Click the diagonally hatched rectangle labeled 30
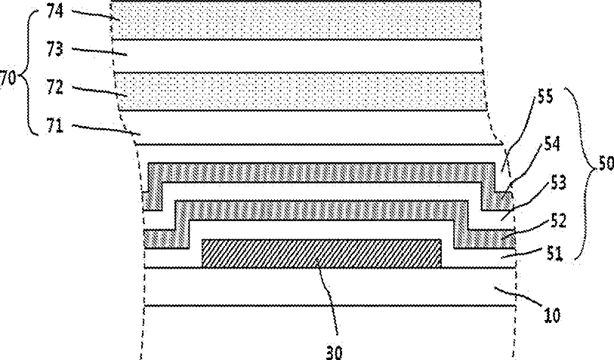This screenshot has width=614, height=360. pyautogui.click(x=321, y=253)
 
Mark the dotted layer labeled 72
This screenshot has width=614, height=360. pyautogui.click(x=302, y=91)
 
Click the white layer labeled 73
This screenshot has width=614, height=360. pyautogui.click(x=302, y=55)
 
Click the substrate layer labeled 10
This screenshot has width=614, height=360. pyautogui.click(x=325, y=287)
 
